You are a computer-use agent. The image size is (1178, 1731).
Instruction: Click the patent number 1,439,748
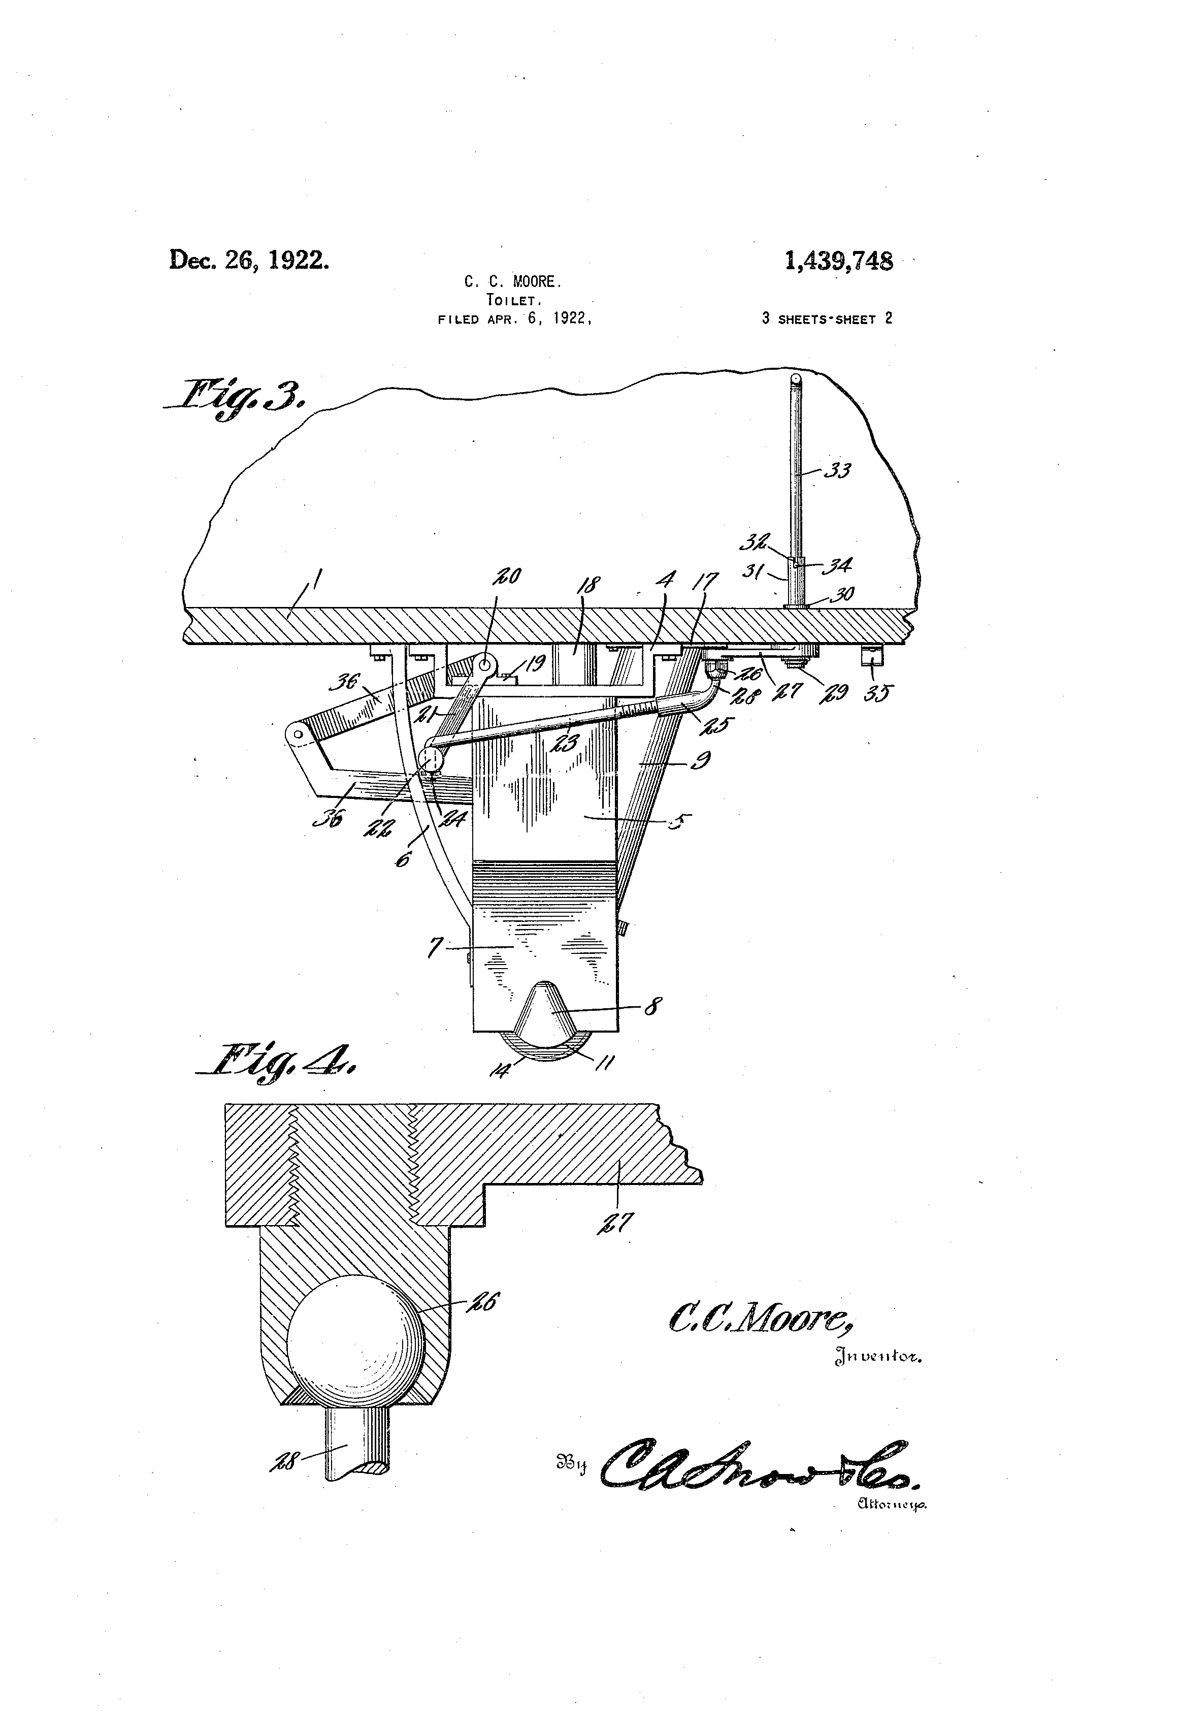click(x=838, y=262)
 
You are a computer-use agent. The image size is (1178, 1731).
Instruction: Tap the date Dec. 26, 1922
click(x=249, y=260)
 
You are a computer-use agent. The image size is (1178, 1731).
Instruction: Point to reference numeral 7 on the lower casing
click(x=434, y=947)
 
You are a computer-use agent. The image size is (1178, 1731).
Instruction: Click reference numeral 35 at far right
click(x=878, y=693)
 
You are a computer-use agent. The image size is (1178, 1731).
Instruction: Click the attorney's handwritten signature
click(x=760, y=1466)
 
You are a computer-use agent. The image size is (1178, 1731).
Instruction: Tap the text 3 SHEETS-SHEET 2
click(x=827, y=319)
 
